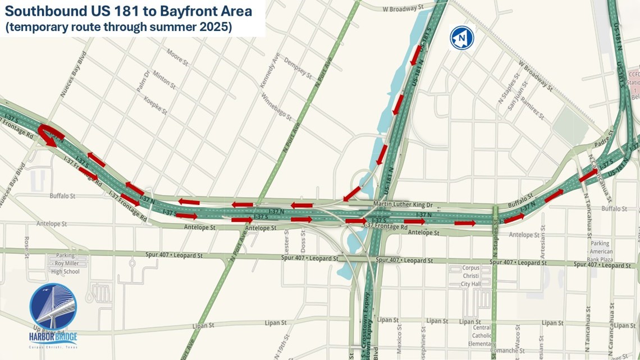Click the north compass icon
pyautogui.click(x=461, y=38)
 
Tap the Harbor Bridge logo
pyautogui.click(x=53, y=315)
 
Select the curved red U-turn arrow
pyautogui.click(x=50, y=135)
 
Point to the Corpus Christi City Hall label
pyautogui.click(x=470, y=276)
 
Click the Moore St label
pyautogui.click(x=177, y=56)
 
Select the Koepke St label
pyautogui.click(x=156, y=104)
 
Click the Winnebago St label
pyautogui.click(x=276, y=106)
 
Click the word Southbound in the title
pyautogui.click(x=43, y=11)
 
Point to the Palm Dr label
pyautogui.click(x=144, y=81)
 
